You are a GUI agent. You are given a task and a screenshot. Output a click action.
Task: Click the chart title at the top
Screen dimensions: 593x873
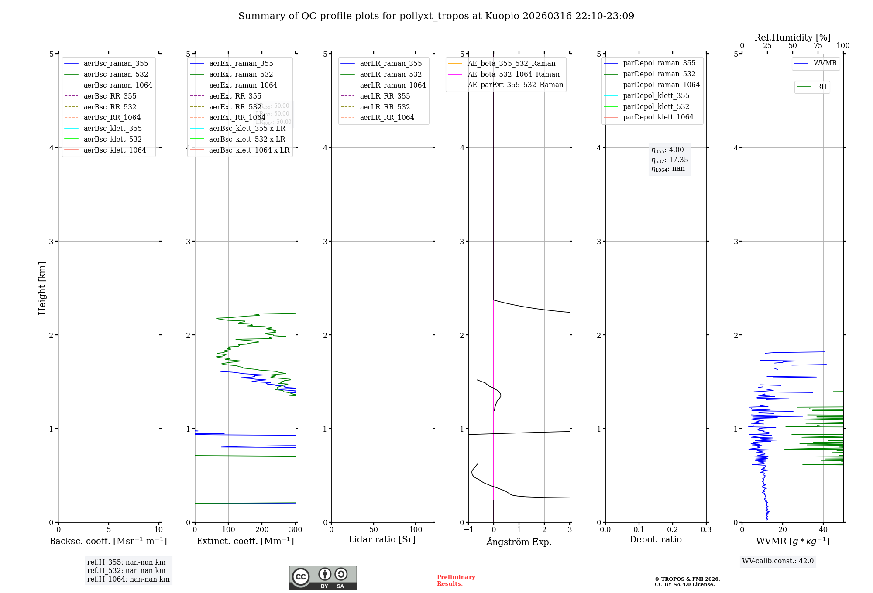[x=436, y=16]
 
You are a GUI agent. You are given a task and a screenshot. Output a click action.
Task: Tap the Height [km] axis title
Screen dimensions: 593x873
[x=42, y=288]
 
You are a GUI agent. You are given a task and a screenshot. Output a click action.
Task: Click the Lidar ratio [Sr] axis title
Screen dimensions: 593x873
[x=382, y=539]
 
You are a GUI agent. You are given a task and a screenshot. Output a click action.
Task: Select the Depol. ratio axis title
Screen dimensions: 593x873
[x=655, y=539]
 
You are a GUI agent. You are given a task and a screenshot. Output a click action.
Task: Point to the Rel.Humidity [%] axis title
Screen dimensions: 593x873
[x=792, y=37]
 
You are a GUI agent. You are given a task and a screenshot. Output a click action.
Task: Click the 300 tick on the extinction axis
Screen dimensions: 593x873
[x=296, y=530]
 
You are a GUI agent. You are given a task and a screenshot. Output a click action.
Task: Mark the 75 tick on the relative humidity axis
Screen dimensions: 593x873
[x=818, y=46]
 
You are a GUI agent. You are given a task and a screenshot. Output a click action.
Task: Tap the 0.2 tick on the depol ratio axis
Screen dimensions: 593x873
[x=673, y=530]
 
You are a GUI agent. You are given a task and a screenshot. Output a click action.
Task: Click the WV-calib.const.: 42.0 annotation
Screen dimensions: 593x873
[x=778, y=561]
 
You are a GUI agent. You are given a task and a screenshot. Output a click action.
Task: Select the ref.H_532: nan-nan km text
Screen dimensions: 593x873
[x=126, y=571]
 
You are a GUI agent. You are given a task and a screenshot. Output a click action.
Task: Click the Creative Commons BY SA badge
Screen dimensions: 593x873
[x=323, y=577]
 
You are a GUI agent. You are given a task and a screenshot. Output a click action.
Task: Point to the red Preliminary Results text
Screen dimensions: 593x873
[x=456, y=580]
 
